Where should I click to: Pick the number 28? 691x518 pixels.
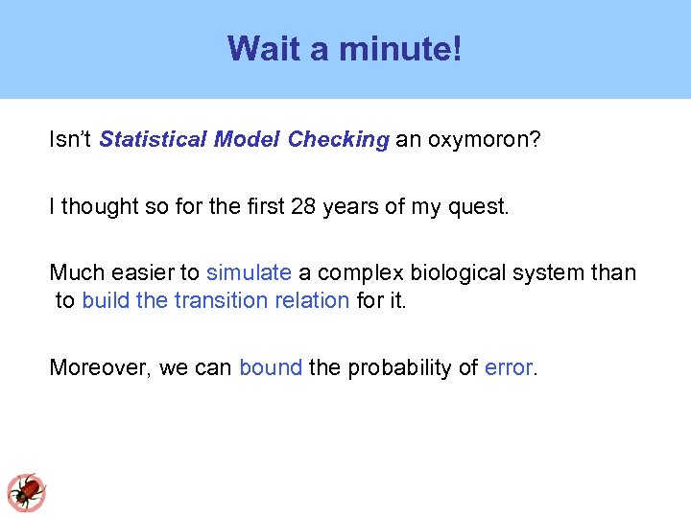point(304,206)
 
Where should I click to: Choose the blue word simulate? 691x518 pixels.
point(249,273)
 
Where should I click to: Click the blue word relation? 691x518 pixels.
point(316,301)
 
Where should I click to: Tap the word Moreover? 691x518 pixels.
point(100,368)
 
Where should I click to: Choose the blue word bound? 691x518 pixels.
point(271,368)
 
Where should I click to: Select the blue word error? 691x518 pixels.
point(508,368)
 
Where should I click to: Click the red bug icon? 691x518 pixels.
point(27,492)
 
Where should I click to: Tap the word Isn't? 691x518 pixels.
point(71,140)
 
